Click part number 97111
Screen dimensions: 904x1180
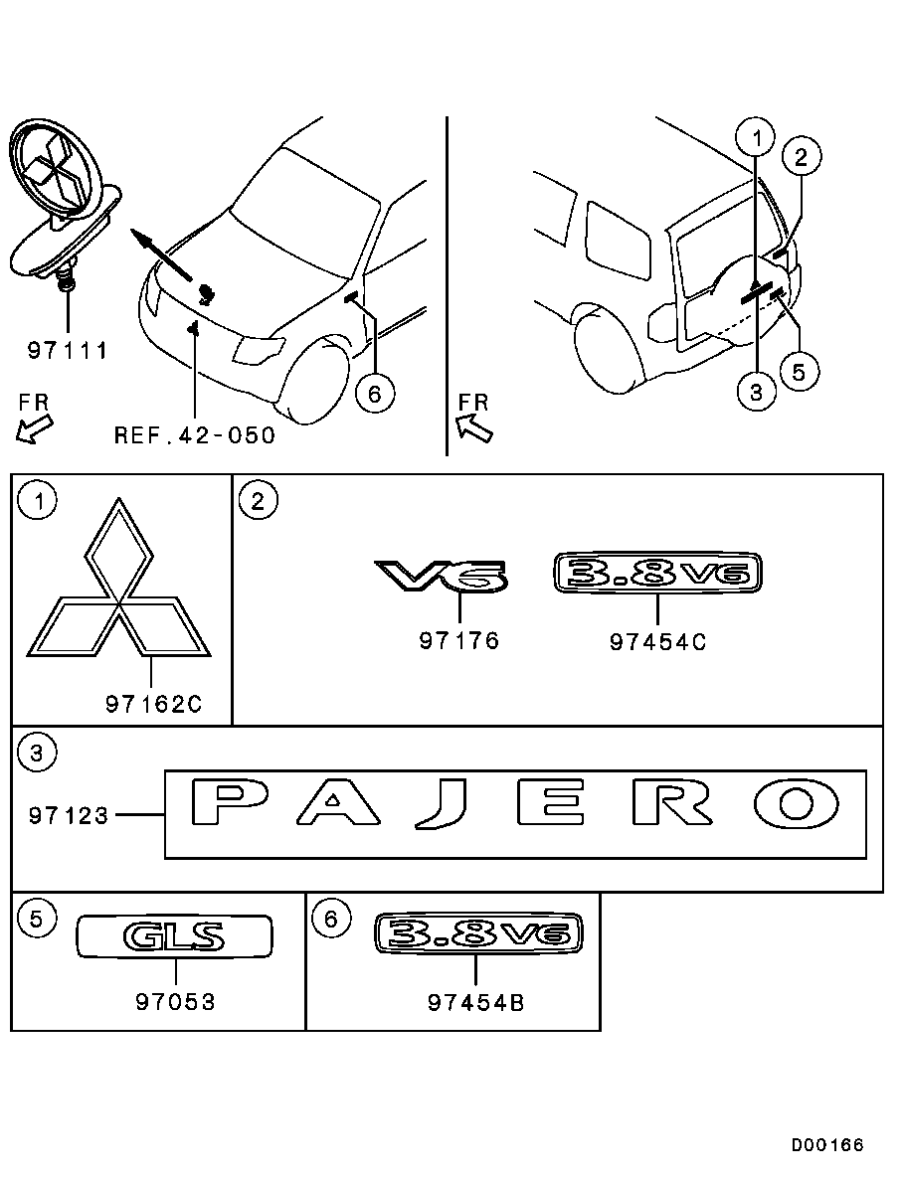[68, 351]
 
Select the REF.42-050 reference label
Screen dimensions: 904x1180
[195, 435]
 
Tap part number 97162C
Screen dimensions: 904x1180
[154, 705]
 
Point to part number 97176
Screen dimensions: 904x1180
[459, 641]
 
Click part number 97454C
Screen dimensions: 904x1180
[658, 642]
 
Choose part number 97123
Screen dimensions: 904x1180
[69, 816]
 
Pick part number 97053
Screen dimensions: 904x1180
[175, 1002]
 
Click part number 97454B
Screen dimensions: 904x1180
[475, 1003]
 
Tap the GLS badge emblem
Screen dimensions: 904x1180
[175, 936]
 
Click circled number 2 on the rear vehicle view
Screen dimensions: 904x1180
[801, 157]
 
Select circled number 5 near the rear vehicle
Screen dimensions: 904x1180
[799, 372]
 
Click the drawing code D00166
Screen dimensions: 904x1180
[827, 1145]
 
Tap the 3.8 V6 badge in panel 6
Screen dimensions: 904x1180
[478, 933]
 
